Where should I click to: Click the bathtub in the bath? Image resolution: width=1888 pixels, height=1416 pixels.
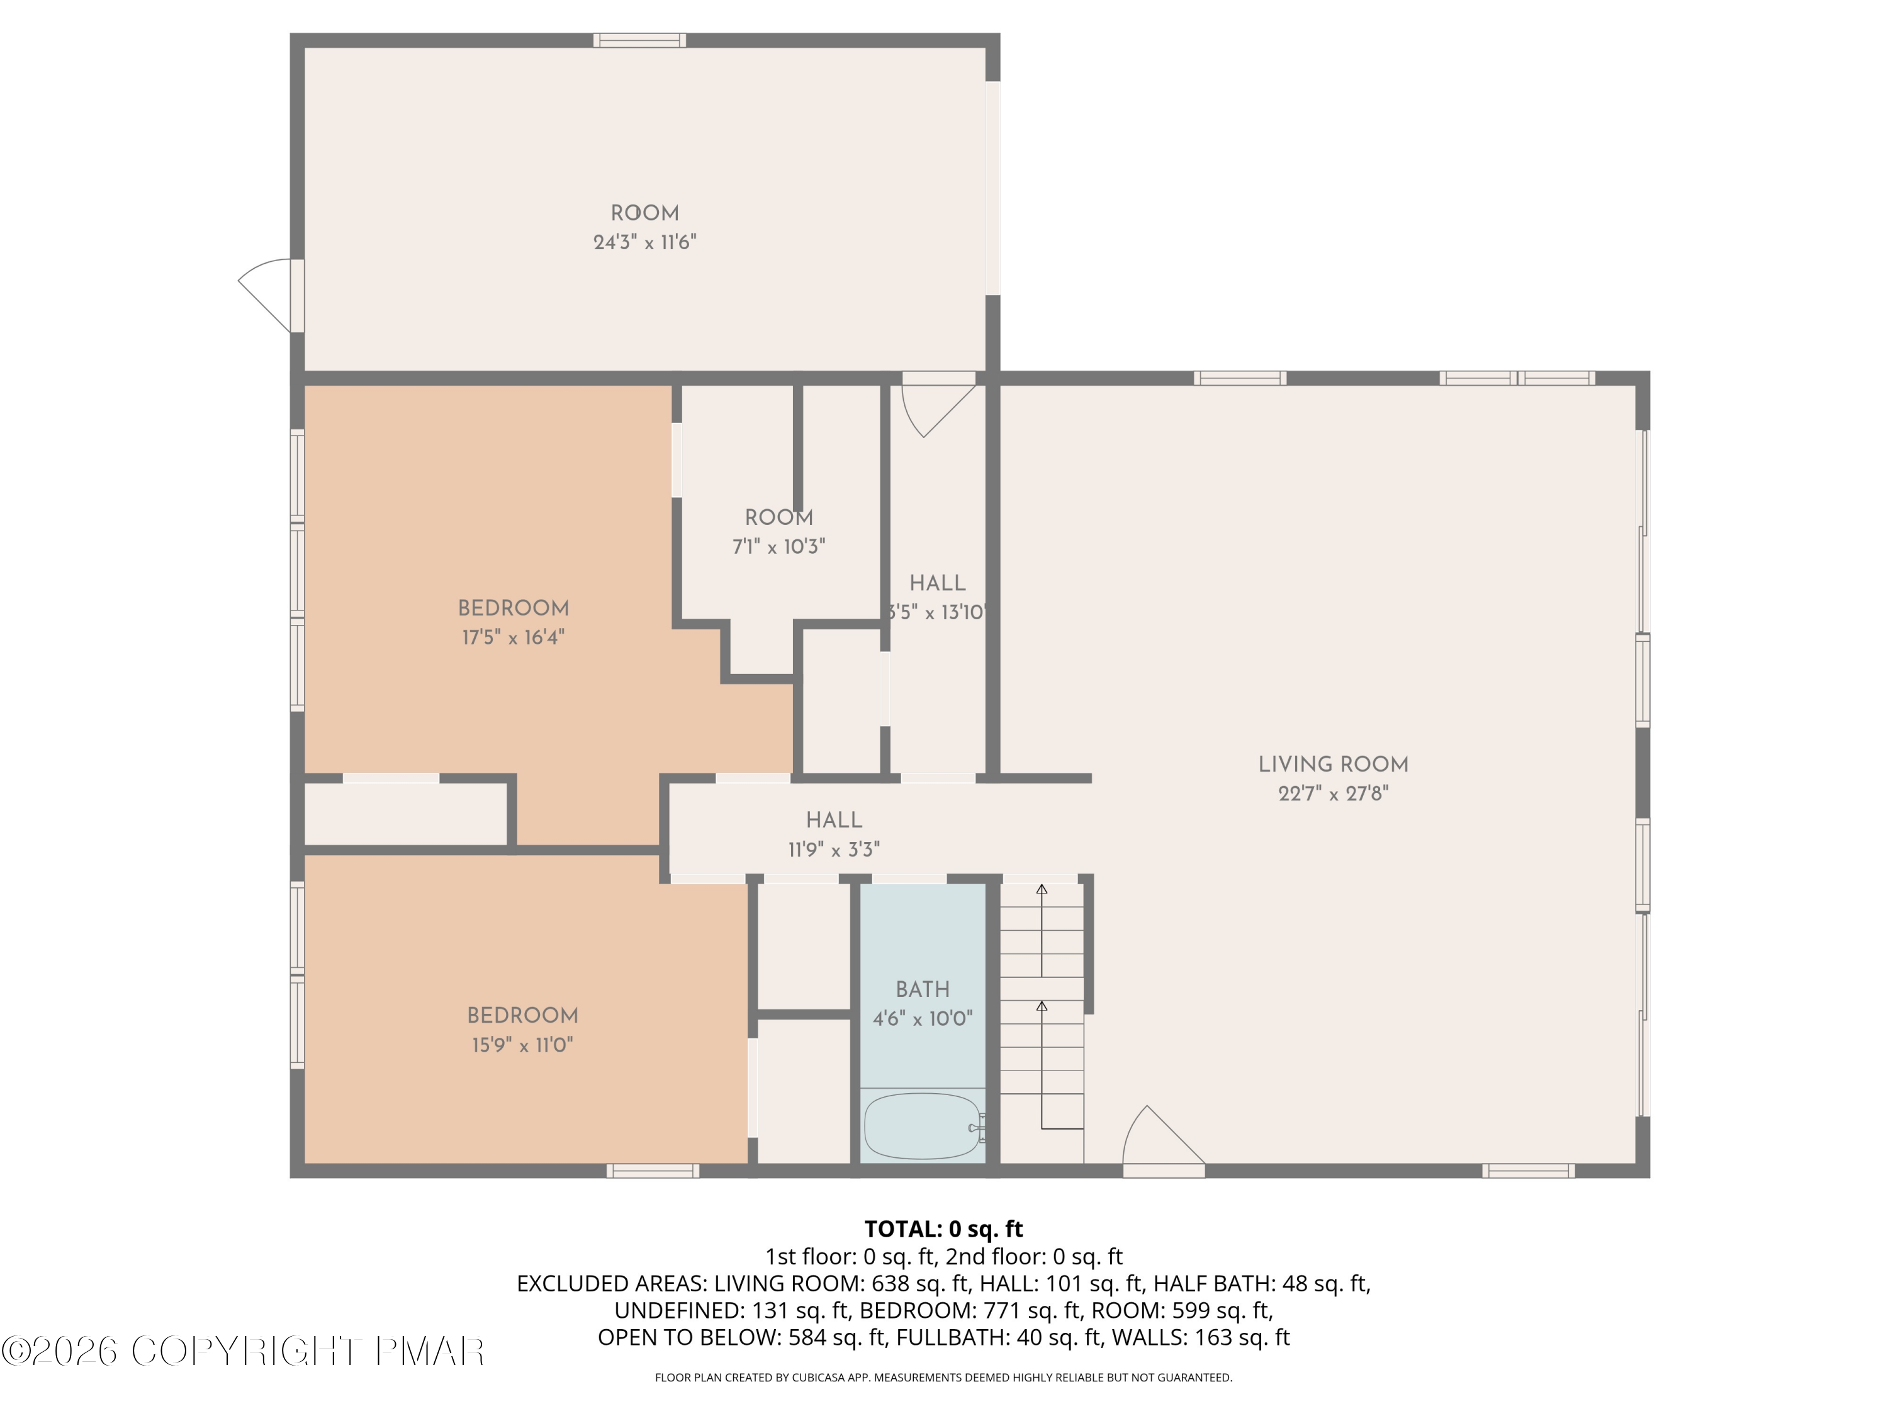click(922, 1127)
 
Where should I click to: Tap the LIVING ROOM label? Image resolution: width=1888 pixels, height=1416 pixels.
click(1332, 765)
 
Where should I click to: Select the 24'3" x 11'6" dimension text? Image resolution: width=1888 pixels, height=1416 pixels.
click(644, 242)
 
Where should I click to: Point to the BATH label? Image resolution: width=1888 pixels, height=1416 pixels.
click(922, 989)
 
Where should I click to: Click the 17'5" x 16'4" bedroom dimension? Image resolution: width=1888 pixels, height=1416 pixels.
click(513, 638)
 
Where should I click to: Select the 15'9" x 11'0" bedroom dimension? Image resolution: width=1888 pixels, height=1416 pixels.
click(522, 1045)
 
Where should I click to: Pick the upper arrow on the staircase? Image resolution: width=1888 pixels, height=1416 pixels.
click(1042, 930)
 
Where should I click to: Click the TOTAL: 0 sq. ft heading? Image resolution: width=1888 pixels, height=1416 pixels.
click(943, 1229)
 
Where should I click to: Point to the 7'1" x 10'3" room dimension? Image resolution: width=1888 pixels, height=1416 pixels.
click(778, 547)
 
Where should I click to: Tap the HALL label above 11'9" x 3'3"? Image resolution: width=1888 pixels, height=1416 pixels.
click(834, 820)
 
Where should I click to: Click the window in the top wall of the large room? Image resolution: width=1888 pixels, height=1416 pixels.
click(639, 40)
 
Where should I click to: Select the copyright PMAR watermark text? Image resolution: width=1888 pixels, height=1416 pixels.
click(244, 1351)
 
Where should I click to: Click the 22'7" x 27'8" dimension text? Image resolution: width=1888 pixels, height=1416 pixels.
click(1332, 794)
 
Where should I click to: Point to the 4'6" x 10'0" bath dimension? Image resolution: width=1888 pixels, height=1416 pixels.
click(922, 1019)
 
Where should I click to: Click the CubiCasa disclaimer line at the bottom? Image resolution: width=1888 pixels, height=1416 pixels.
click(943, 1378)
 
